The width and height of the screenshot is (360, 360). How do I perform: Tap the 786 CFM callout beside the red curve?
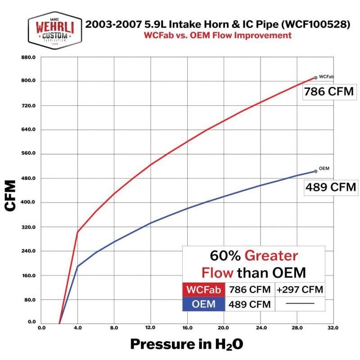point(328,92)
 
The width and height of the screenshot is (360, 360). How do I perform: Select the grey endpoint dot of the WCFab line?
point(315,78)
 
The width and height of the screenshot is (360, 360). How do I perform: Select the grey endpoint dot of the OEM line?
point(315,171)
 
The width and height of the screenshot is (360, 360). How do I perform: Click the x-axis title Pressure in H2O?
point(187,344)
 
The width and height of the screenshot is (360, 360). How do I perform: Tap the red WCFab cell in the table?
point(203,289)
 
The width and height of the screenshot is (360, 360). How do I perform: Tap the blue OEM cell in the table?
point(203,304)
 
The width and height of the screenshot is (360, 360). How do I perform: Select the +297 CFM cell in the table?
point(300,289)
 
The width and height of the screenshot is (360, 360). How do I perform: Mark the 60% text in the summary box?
point(225,256)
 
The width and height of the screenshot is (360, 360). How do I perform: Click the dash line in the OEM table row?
point(300,304)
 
